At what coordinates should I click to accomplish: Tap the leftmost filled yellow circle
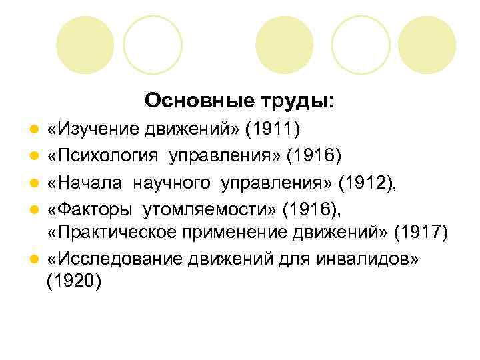pos(84,45)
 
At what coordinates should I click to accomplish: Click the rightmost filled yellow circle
pos(428,45)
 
